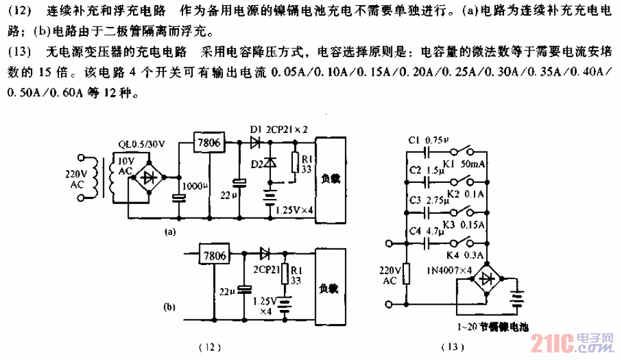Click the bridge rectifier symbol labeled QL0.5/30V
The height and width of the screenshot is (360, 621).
pyautogui.click(x=151, y=176)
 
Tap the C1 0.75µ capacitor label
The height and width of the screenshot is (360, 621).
pyautogui.click(x=427, y=139)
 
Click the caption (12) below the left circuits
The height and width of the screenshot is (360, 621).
pyautogui.click(x=210, y=348)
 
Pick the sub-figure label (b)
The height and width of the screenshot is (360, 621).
pyautogui.click(x=170, y=307)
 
